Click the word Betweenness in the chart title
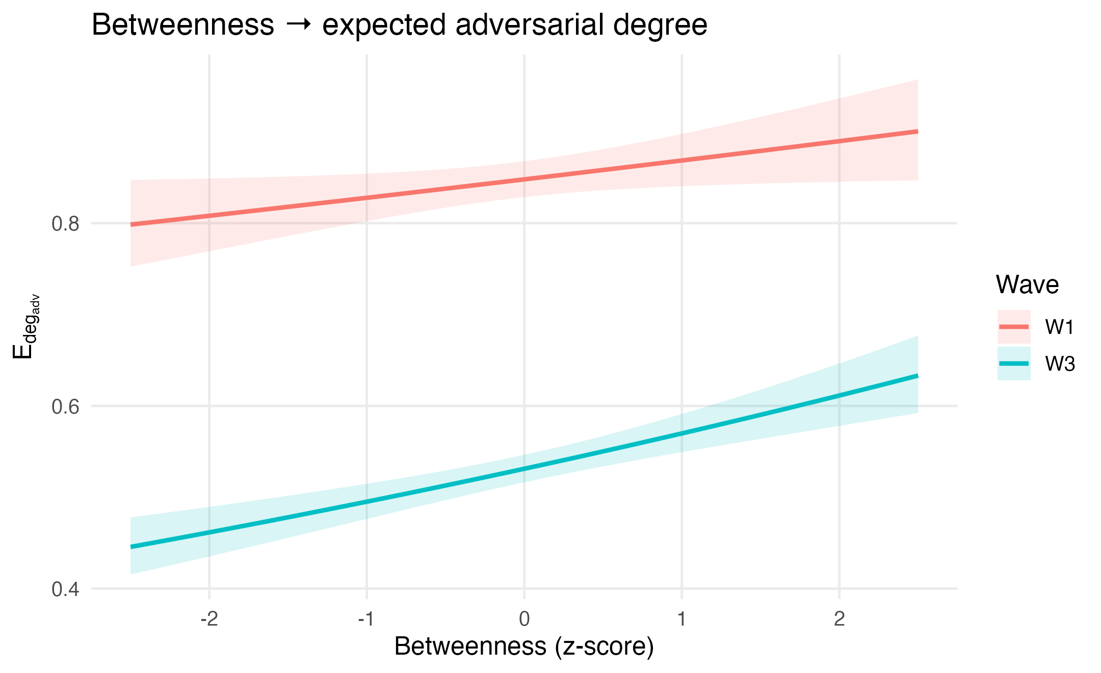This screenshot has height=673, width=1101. (x=183, y=24)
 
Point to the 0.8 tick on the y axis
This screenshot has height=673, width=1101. (x=66, y=224)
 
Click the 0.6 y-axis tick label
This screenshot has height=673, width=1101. (x=66, y=407)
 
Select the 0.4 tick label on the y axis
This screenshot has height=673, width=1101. (x=66, y=590)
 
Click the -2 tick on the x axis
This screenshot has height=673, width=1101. (x=209, y=619)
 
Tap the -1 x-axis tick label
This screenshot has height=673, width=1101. (x=366, y=619)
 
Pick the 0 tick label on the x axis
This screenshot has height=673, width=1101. (x=524, y=619)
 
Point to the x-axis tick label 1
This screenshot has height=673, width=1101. (x=681, y=619)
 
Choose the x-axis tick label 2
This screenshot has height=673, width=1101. (x=839, y=619)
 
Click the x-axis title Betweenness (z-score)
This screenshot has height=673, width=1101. (x=524, y=646)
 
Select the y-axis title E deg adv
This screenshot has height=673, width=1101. (x=23, y=326)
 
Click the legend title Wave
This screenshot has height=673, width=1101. (x=1027, y=284)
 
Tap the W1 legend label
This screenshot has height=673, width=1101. (x=1059, y=327)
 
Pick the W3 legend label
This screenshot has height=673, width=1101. (x=1060, y=364)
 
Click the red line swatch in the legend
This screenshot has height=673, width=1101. (x=1014, y=327)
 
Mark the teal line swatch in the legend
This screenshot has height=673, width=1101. (x=1014, y=364)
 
